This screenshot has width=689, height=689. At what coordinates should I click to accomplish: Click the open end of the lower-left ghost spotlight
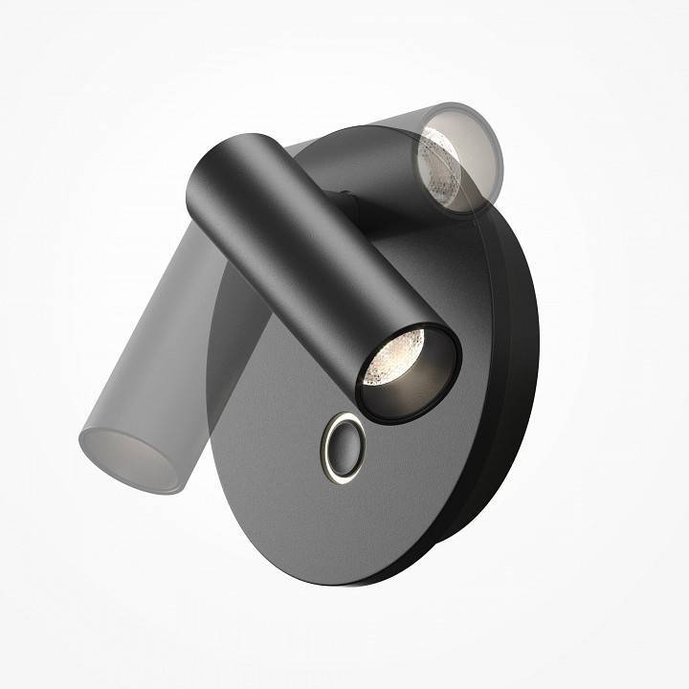[x=129, y=457]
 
